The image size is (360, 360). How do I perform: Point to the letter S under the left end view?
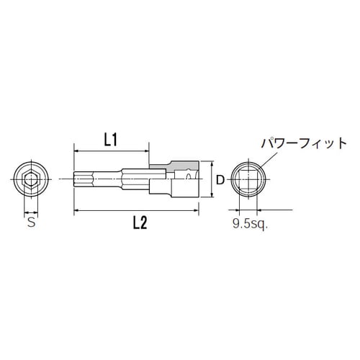pos(30,223)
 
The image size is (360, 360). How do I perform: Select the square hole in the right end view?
pos(251,179)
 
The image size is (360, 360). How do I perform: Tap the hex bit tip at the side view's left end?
pos(81,179)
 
